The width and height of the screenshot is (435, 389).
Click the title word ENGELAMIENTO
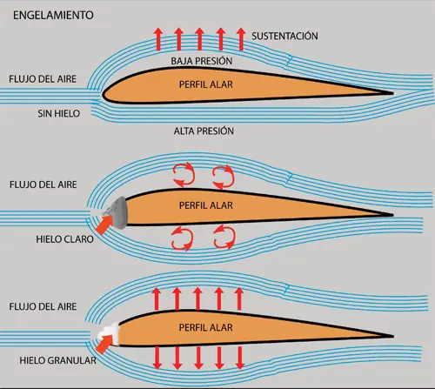click(x=53, y=15)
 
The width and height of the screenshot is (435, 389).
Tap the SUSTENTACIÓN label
click(x=284, y=36)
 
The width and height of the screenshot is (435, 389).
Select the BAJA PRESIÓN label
click(x=202, y=61)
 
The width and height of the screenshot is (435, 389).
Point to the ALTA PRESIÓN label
click(x=204, y=131)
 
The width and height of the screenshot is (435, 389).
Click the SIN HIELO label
click(x=59, y=113)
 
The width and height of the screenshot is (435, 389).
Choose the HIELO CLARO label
click(x=64, y=239)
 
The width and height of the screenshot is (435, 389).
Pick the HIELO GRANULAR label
click(x=57, y=360)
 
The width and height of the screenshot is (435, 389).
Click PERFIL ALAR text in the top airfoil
click(x=206, y=84)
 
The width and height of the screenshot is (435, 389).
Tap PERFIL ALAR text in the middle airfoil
click(x=206, y=205)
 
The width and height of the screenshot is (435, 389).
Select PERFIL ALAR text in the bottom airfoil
click(x=206, y=327)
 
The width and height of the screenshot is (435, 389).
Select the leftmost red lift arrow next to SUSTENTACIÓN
click(x=158, y=39)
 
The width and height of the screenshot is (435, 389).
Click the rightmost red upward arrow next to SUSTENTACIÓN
click(x=241, y=39)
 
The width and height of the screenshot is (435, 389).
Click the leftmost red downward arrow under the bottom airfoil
click(x=157, y=358)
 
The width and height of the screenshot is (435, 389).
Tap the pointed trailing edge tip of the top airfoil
click(x=393, y=93)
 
